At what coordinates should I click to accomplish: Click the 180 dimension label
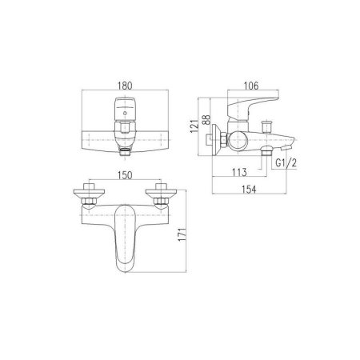point(125,86)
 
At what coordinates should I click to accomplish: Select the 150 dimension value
point(125,175)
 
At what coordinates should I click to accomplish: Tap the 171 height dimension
point(182,234)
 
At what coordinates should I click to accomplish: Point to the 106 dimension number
point(251,86)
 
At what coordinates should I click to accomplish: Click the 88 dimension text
point(206,120)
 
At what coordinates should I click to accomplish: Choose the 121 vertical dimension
point(194,126)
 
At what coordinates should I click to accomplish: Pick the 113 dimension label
point(239,172)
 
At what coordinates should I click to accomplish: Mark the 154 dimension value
point(249,190)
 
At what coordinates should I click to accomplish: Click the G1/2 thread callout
point(286,162)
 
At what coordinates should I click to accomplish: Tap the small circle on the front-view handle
point(125,113)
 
